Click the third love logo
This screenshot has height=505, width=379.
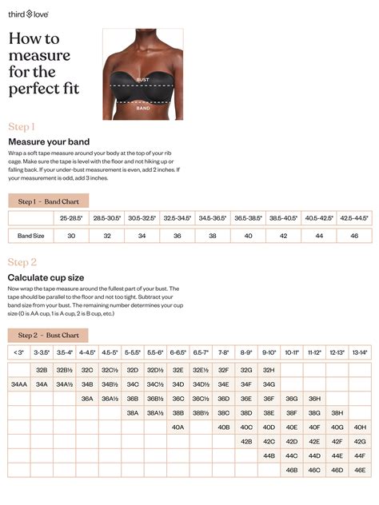pos(29,14)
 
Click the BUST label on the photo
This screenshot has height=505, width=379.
pos(142,80)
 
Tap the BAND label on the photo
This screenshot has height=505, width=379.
pos(142,106)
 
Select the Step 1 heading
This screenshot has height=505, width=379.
pos(22,127)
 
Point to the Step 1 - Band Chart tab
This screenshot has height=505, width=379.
pos(48,201)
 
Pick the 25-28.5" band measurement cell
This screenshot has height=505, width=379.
pos(71,217)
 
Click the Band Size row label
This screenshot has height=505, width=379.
pos(30,236)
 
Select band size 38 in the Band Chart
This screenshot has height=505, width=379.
pos(212,236)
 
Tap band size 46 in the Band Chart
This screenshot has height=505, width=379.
pos(354,236)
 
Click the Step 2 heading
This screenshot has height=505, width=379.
pos(22,262)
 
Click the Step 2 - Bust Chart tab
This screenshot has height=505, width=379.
pos(48,335)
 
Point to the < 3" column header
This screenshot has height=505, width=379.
pos(19,352)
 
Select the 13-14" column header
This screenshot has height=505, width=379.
pos(360,352)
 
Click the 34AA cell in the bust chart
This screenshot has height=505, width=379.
pos(19,384)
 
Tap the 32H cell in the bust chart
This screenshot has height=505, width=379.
pos(269,370)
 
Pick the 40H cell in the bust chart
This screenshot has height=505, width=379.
pos(360,427)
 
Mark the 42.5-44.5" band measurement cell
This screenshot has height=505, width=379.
pos(354,217)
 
